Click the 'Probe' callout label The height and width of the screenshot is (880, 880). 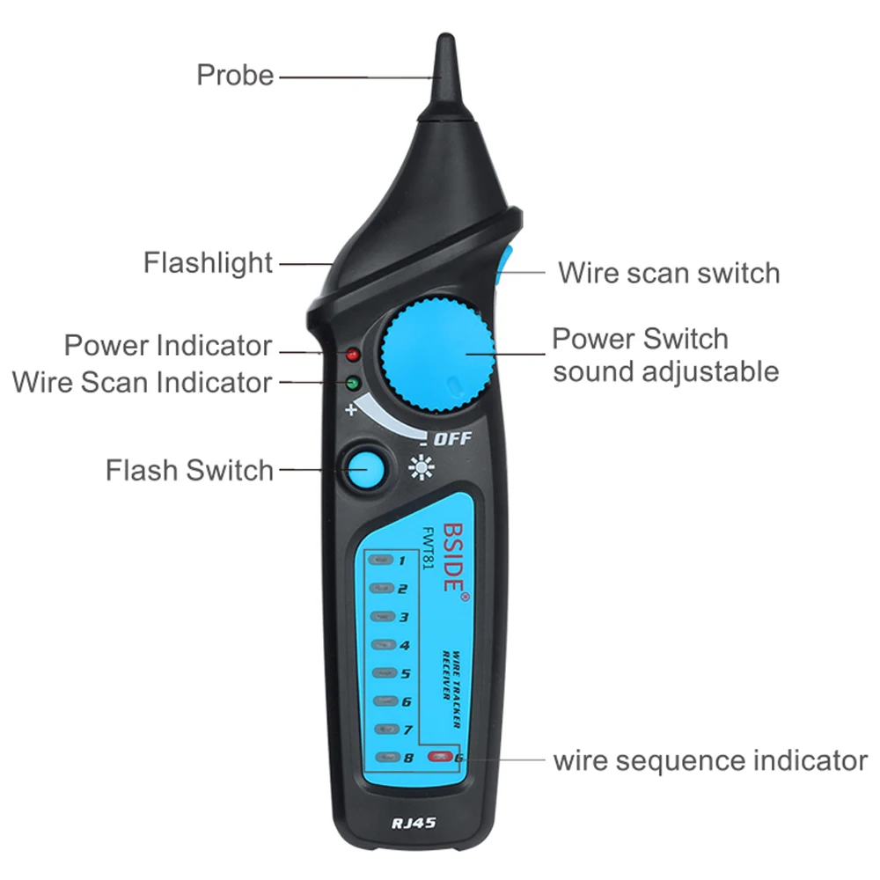coord(235,76)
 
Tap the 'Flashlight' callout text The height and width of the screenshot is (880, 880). coord(209,262)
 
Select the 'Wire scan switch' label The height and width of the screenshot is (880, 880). coord(669,273)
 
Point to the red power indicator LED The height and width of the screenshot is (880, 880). coord(354,355)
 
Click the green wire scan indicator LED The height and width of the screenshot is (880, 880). coord(354,383)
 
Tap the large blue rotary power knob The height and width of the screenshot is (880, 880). coord(436,354)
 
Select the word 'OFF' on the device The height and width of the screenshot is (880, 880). coord(453,439)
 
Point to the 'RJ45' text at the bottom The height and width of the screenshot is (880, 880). coord(414,824)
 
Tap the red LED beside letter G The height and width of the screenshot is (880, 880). coord(438,757)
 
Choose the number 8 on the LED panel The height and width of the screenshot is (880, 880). coord(407,758)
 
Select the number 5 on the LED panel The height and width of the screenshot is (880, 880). coord(405,674)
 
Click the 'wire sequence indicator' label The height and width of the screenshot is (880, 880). coord(710,759)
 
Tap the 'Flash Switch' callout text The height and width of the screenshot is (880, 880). coord(190,470)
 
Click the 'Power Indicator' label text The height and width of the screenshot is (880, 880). coord(168,345)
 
